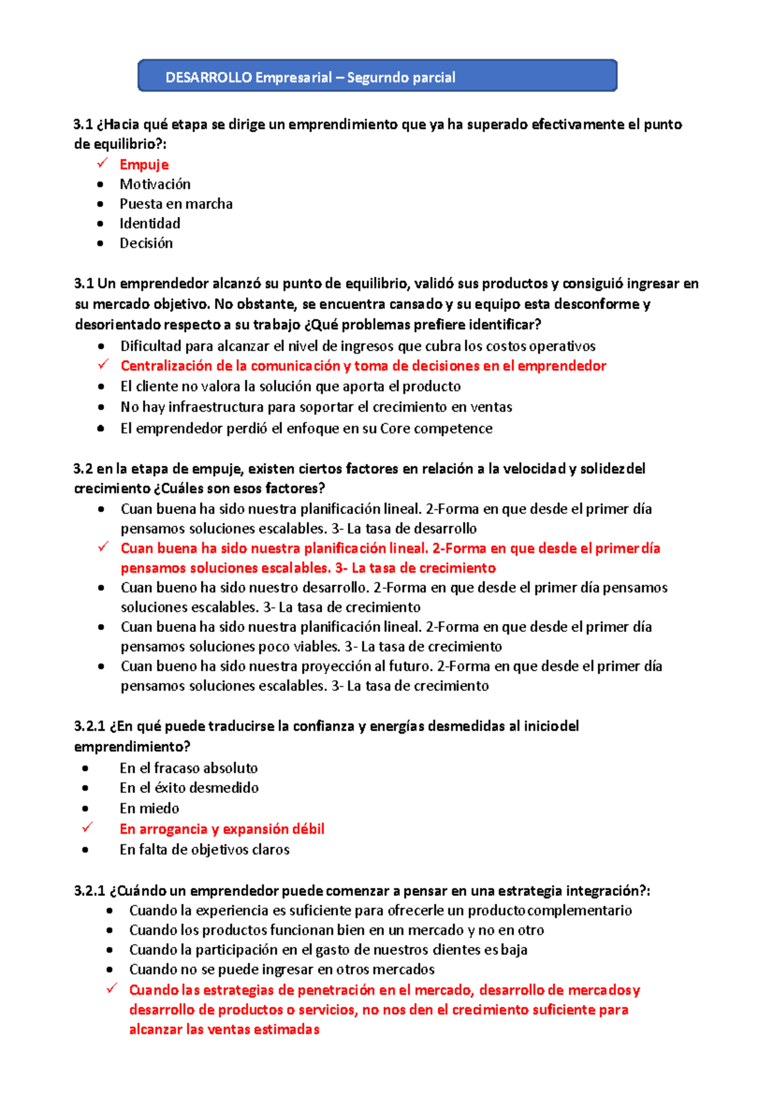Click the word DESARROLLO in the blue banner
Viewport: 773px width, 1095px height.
(x=208, y=78)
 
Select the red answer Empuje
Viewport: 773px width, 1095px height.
(x=144, y=165)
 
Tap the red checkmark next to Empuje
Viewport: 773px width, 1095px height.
(x=102, y=164)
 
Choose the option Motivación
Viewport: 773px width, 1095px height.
(x=155, y=184)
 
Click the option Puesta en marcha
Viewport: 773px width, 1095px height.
(x=176, y=204)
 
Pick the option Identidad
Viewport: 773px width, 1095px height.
(x=150, y=224)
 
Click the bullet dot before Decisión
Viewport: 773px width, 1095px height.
(x=100, y=243)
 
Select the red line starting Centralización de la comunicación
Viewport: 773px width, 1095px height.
(x=363, y=366)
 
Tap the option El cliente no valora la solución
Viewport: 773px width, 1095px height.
(x=290, y=386)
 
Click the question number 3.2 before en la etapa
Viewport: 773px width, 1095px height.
(x=83, y=469)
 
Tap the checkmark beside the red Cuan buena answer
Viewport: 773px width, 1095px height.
(x=102, y=547)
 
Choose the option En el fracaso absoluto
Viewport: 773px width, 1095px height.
(x=189, y=768)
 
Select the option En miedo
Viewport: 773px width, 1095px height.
(x=149, y=808)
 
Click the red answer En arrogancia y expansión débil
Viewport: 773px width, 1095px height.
(x=222, y=829)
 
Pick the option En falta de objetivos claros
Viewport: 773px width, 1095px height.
(x=204, y=850)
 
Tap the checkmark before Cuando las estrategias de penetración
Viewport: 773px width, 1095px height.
(x=111, y=989)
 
